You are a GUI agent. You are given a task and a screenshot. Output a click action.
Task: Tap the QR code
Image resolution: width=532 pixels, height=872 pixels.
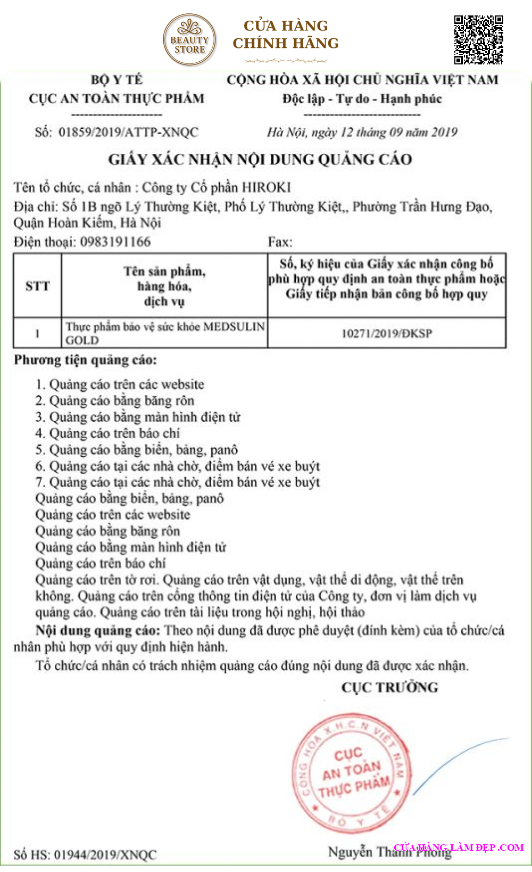pos(478,40)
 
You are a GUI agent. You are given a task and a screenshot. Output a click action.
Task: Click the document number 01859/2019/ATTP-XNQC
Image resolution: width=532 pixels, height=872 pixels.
pos(128,132)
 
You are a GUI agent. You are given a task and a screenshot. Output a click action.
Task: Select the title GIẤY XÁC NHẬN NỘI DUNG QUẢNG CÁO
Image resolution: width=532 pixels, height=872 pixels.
pos(260,159)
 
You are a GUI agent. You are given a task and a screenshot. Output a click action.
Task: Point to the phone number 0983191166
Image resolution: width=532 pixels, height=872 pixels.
pos(115,242)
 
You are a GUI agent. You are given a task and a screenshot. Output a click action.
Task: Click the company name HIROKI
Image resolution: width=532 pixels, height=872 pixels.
pos(266,187)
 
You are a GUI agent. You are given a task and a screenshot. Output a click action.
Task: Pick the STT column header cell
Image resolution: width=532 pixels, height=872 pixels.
pos(37,286)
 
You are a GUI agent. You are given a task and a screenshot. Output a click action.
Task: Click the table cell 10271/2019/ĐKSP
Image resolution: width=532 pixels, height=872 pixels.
pos(387,333)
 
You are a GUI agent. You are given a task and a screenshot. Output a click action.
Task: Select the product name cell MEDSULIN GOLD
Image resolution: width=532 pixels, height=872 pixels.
pos(164,333)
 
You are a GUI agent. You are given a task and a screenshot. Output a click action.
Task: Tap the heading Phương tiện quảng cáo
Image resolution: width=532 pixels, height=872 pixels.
pos(86,360)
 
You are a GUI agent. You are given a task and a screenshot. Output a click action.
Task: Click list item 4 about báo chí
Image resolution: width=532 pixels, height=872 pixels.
pos(108,433)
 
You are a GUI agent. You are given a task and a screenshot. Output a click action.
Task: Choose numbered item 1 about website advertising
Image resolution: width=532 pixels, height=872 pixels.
pos(120,384)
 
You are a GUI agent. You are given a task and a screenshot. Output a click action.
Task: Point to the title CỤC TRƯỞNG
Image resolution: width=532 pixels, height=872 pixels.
pos(390,687)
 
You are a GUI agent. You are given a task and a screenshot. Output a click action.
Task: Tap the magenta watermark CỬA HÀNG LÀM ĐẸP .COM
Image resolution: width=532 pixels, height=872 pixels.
pos(459,847)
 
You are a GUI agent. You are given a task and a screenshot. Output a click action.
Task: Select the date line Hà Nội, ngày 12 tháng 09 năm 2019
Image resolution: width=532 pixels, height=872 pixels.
pos(362,132)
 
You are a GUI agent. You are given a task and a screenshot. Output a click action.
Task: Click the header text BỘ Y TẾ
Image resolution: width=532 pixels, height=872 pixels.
pos(117,80)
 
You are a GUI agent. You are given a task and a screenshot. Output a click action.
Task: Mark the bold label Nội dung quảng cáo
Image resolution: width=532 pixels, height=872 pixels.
pos(98,631)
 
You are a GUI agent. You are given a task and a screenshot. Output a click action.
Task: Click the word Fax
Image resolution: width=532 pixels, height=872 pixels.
pos(280,242)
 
